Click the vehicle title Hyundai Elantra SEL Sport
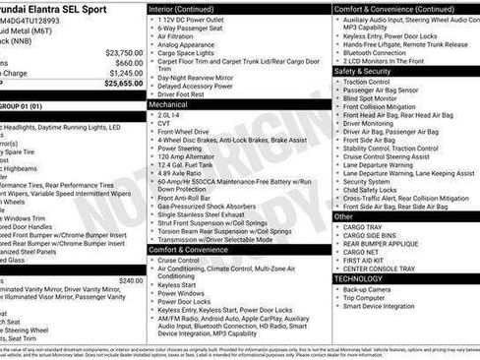tap(54, 9)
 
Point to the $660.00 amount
tap(129, 63)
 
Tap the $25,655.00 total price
tap(123, 84)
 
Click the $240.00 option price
tap(130, 280)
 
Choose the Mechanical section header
tap(168, 102)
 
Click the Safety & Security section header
tap(362, 71)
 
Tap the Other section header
tap(343, 216)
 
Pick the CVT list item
tap(165, 122)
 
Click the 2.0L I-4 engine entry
tap(170, 113)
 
